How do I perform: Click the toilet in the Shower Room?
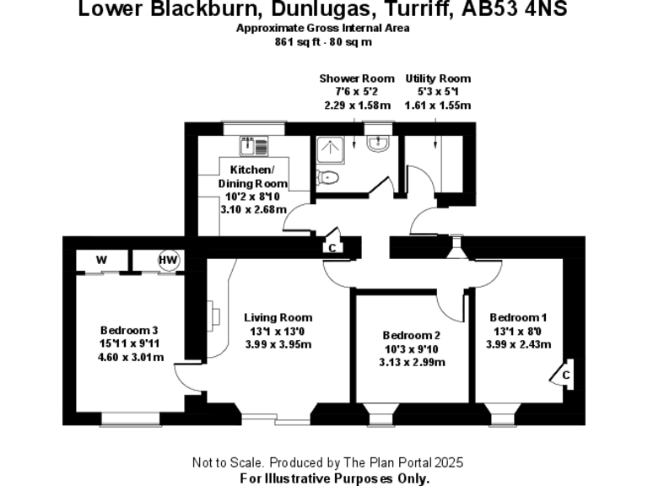(x=330, y=177)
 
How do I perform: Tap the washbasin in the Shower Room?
(x=378, y=143)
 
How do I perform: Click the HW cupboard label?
(x=169, y=260)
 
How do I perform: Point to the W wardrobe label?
(x=101, y=260)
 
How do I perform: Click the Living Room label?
(x=278, y=318)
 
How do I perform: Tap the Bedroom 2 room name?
(x=411, y=334)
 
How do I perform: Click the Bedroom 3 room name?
(x=129, y=330)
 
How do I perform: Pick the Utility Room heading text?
(x=438, y=78)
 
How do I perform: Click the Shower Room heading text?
(x=356, y=78)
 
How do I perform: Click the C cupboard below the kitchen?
(x=332, y=247)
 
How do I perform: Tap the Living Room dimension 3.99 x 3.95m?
(x=278, y=343)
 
